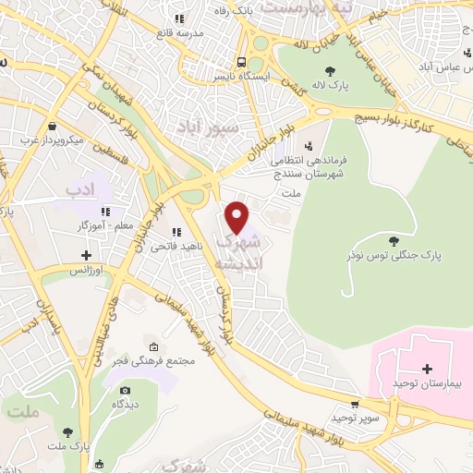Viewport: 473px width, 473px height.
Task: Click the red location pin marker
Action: coord(237,217)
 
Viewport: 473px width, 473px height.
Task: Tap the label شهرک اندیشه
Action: coord(237,251)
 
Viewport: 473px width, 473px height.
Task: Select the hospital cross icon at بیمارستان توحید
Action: coord(427,368)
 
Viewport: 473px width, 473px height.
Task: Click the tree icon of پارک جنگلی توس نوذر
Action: coord(394,240)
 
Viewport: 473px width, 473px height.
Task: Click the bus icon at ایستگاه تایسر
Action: coord(240,62)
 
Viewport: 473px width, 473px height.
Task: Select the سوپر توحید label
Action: coord(354,418)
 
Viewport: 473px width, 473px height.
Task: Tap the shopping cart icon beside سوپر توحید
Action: coord(355,405)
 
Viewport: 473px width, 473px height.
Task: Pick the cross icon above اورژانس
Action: coord(86,254)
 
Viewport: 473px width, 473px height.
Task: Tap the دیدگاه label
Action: coord(125,405)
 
